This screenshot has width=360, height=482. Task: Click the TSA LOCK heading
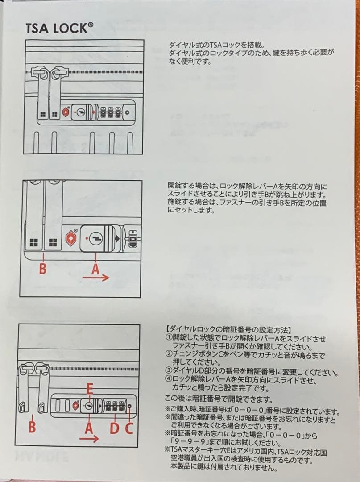coord(59,28)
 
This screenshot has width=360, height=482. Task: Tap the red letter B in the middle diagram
coord(43,269)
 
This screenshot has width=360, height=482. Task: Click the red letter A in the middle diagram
coord(96,269)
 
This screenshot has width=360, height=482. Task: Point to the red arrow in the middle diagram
coord(96,278)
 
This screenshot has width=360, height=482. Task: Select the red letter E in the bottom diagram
coord(89,389)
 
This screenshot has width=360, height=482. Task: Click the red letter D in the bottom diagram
coord(114,428)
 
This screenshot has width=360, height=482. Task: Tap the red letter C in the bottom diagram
coord(129,428)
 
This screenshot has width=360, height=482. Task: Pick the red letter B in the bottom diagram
coord(32,427)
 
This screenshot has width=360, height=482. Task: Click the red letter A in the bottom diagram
coord(89,428)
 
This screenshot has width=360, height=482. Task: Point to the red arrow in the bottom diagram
coord(89,438)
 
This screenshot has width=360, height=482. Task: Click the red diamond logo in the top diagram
coord(66,112)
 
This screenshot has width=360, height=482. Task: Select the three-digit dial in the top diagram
coord(110,112)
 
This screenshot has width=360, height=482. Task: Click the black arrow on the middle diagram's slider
coord(117,238)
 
